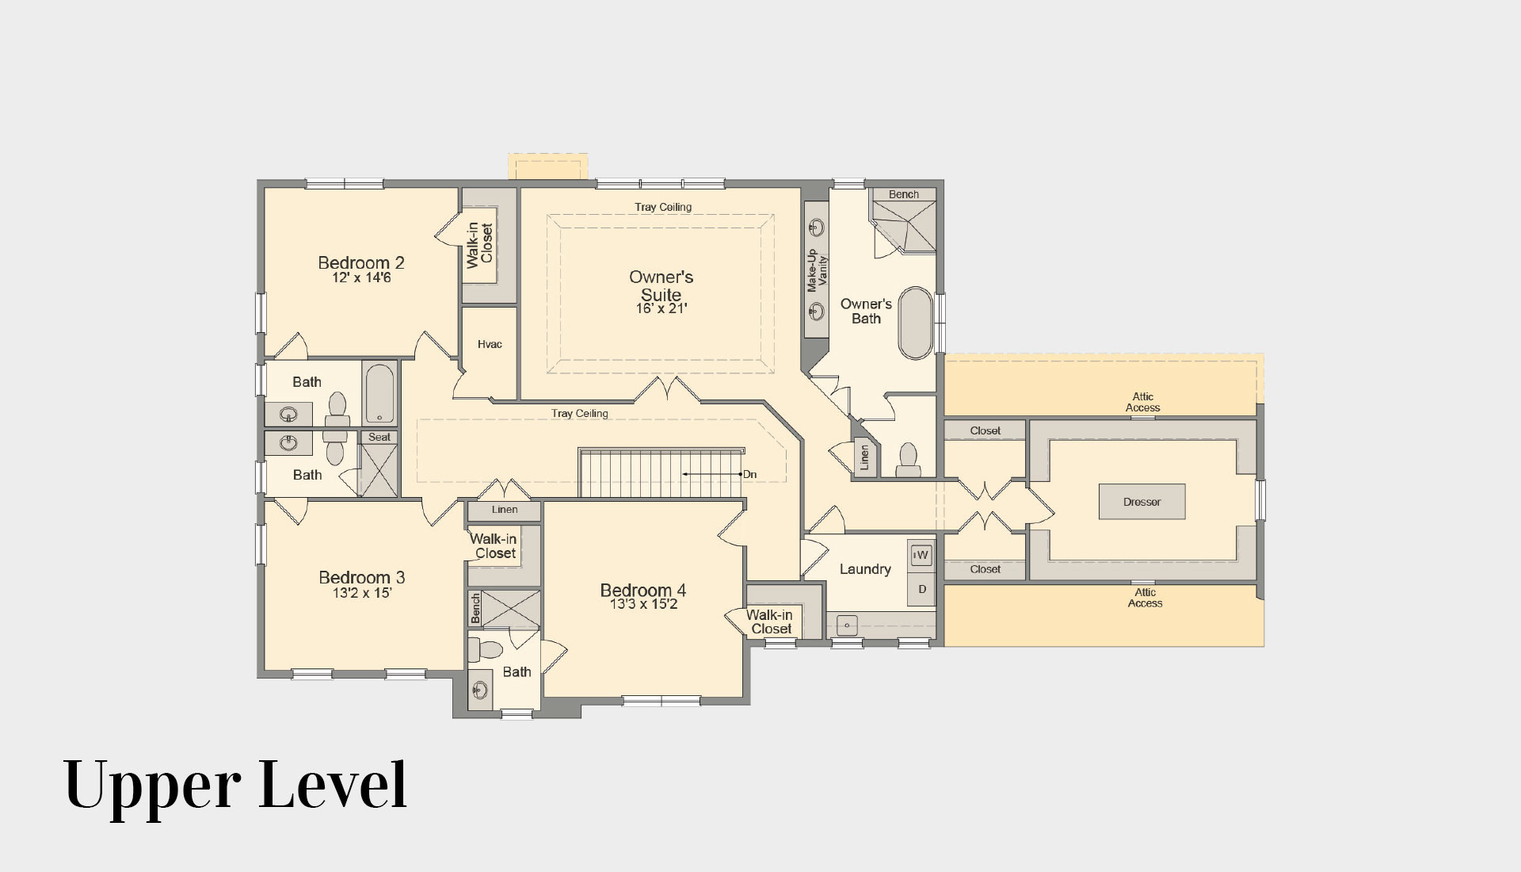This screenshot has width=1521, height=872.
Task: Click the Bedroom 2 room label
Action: pyautogui.click(x=361, y=262)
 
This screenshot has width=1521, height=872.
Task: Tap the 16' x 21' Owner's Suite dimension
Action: pyautogui.click(x=661, y=308)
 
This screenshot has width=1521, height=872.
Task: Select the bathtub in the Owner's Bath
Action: pyautogui.click(x=916, y=323)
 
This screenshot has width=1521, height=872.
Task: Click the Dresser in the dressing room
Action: pyautogui.click(x=1142, y=502)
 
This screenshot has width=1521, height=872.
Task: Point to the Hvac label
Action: pyautogui.click(x=490, y=344)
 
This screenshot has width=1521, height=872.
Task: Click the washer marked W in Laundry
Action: pyautogui.click(x=921, y=555)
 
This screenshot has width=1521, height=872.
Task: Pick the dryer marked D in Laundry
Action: pyautogui.click(x=921, y=589)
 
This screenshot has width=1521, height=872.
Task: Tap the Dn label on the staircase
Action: pyautogui.click(x=749, y=475)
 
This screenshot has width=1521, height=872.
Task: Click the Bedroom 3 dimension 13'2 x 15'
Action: pyautogui.click(x=362, y=593)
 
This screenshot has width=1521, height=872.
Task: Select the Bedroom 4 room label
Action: pyautogui.click(x=643, y=590)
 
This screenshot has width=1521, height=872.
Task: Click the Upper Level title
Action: pyautogui.click(x=235, y=784)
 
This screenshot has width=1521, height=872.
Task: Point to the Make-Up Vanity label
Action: pyautogui.click(x=817, y=271)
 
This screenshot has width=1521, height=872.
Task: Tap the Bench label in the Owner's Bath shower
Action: pyautogui.click(x=904, y=194)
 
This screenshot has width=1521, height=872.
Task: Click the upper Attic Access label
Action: pyautogui.click(x=1143, y=402)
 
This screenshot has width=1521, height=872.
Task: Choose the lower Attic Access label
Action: pyautogui.click(x=1146, y=598)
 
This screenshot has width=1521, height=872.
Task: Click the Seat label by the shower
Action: pyautogui.click(x=379, y=437)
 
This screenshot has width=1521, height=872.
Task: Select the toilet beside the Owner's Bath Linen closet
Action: pyautogui.click(x=908, y=459)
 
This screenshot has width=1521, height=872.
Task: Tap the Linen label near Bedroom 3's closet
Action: pyautogui.click(x=505, y=510)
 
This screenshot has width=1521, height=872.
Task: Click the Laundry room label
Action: pyautogui.click(x=865, y=569)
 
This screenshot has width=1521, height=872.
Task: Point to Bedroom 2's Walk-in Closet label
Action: pyautogui.click(x=480, y=245)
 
